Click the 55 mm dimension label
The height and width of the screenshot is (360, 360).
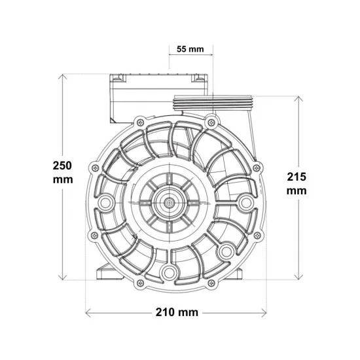click(x=190, y=49)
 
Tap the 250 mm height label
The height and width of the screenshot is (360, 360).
click(x=63, y=172)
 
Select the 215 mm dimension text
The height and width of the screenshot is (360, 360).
click(x=297, y=184)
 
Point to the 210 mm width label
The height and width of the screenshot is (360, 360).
click(x=177, y=312)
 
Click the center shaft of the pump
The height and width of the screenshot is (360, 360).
click(x=170, y=202)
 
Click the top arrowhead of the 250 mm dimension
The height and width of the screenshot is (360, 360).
click(x=62, y=77)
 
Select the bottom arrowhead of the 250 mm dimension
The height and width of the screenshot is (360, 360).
click(x=62, y=278)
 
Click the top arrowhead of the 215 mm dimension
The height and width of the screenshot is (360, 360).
click(x=298, y=99)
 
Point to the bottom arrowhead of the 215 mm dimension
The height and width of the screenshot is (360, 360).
click(x=298, y=278)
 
